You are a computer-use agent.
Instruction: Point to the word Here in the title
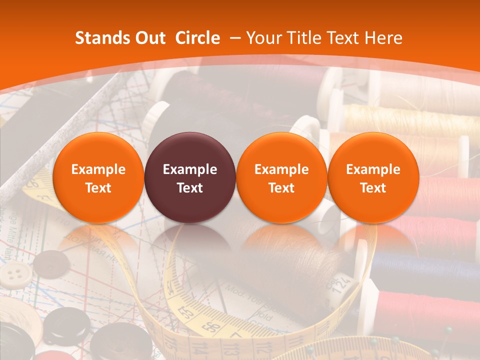coord(383,38)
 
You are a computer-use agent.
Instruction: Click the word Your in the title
coord(262,38)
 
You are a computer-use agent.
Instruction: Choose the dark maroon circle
coord(190,177)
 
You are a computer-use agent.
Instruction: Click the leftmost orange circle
coord(98,177)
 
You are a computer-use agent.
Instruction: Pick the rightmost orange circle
coord(373,177)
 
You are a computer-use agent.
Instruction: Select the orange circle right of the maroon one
coord(281,177)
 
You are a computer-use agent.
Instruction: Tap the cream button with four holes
coord(16,273)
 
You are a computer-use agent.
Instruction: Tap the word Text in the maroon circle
coord(190,188)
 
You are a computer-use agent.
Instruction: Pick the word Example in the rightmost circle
coord(373,169)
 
